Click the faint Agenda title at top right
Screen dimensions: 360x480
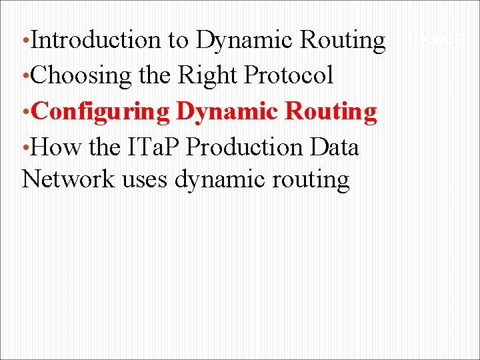tap(434, 40)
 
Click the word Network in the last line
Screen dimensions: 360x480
tap(68, 179)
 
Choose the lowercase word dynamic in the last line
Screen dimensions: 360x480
tap(219, 181)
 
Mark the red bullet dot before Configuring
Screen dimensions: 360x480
tap(25, 112)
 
